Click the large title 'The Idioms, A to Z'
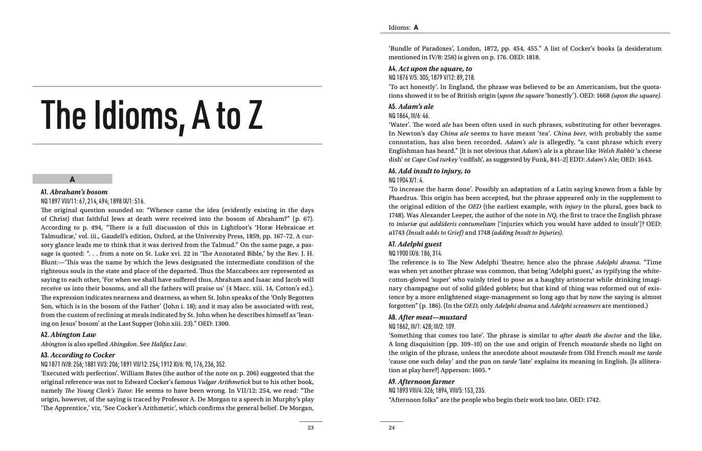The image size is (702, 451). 152,115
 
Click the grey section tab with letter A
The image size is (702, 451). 72,179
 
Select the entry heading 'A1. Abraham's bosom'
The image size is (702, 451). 74,192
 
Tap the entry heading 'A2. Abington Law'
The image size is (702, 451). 68,335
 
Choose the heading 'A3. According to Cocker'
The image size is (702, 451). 78,355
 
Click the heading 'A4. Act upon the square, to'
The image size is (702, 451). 430,69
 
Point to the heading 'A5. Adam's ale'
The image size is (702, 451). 411,107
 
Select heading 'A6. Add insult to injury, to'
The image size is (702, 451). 429,171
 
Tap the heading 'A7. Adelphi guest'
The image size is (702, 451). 415,244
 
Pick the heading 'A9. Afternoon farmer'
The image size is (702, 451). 422,382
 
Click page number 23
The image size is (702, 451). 311,428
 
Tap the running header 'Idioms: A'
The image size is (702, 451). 404,28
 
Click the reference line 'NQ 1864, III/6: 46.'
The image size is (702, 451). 409,116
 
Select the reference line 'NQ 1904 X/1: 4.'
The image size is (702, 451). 406,181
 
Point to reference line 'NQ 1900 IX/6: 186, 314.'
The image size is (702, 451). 415,254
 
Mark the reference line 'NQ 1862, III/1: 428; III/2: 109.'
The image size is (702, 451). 422,327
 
